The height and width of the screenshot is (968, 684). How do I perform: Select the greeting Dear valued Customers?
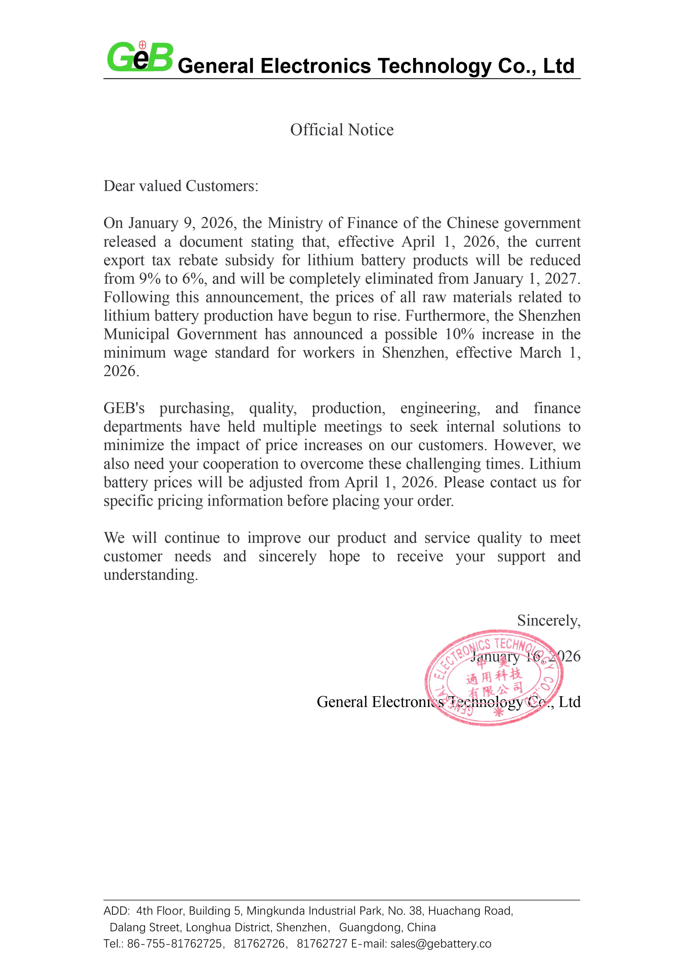(x=181, y=186)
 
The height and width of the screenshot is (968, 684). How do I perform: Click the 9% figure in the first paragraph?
(x=150, y=279)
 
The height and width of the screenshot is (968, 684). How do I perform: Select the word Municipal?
(x=137, y=334)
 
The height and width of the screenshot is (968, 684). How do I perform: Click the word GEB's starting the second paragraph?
(x=124, y=408)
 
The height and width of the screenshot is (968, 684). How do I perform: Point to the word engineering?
(x=440, y=408)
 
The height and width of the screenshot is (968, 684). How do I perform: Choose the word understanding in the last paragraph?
(x=151, y=575)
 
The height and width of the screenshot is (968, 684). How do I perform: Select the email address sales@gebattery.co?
(x=441, y=943)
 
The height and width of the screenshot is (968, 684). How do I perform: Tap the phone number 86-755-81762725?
(x=175, y=943)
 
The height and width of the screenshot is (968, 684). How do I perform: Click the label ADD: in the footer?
(x=116, y=911)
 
